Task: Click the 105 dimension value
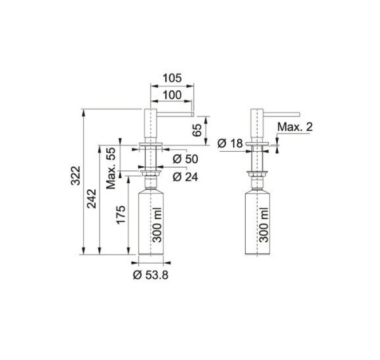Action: [x=171, y=79]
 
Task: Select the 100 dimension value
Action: [x=171, y=96]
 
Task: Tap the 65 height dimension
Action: [x=197, y=128]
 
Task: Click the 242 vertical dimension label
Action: [x=93, y=197]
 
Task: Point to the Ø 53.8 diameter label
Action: [x=151, y=275]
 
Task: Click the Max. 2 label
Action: [x=294, y=126]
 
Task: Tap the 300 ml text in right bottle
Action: [x=263, y=223]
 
